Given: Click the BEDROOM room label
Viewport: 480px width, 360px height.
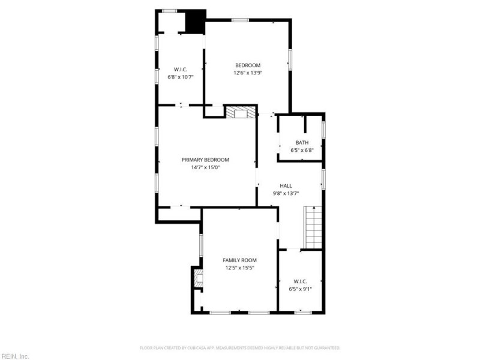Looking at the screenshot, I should pos(248,65).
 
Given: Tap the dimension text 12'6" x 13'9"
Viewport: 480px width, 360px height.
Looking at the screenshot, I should pos(248,73).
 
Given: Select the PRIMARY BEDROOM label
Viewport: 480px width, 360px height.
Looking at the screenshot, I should pos(205,160).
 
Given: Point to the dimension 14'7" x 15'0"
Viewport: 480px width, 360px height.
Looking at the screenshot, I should pos(205,167).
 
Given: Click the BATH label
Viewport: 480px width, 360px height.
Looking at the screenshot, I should pos(302,142).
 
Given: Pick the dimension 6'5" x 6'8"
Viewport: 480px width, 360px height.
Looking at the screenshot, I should pos(302,150).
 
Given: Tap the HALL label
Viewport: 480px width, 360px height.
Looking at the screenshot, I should pos(286,186).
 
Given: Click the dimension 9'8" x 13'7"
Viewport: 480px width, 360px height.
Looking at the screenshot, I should pos(286,193).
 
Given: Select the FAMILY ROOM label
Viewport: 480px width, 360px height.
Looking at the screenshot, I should pos(239,260).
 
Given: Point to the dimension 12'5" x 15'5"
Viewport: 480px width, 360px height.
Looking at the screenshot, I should pos(239,268).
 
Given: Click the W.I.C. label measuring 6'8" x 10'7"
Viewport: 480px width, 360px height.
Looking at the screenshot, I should pos(181,70).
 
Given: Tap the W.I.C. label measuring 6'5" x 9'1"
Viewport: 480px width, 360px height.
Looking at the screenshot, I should pos(301,281).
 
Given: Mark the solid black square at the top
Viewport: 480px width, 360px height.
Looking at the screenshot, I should pos(195,22).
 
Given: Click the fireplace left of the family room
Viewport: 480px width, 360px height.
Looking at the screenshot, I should pos(198,277).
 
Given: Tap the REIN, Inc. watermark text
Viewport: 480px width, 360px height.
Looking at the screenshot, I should pos(14,356).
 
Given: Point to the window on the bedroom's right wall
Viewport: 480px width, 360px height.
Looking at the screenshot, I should pos(290,59).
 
